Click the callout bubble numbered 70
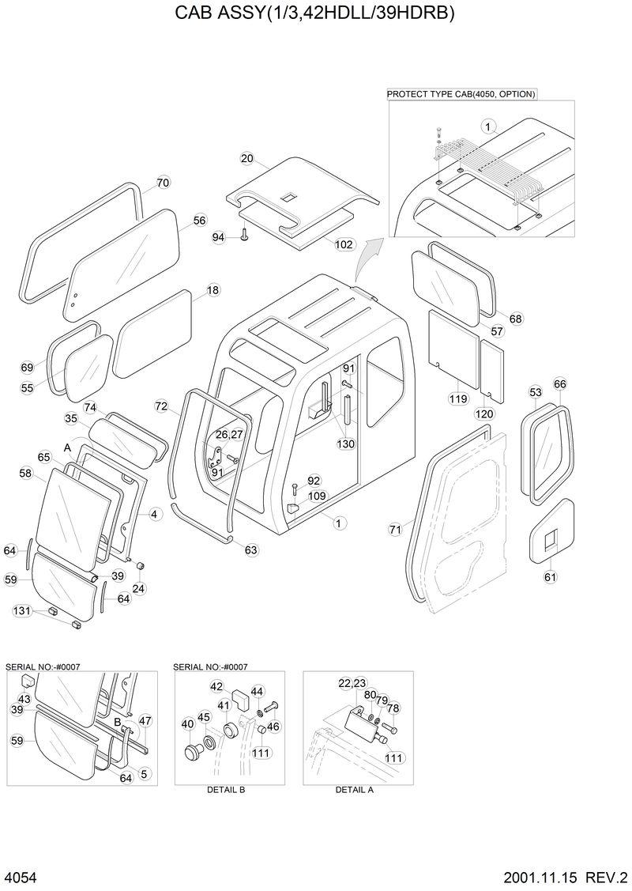(163, 183)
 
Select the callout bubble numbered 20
(247, 159)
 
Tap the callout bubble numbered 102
(344, 245)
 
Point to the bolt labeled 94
(244, 234)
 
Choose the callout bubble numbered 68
(515, 319)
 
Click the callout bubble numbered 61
(550, 577)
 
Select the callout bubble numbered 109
(317, 496)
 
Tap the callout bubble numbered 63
(251, 549)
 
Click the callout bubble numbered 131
(21, 610)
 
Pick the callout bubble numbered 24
(138, 588)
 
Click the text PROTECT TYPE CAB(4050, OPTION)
(461, 94)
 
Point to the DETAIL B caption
(226, 789)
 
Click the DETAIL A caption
(355, 789)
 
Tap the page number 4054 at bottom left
(21, 877)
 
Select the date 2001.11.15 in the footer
(541, 877)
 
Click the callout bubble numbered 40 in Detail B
(187, 723)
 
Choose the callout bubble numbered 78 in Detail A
(393, 708)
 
